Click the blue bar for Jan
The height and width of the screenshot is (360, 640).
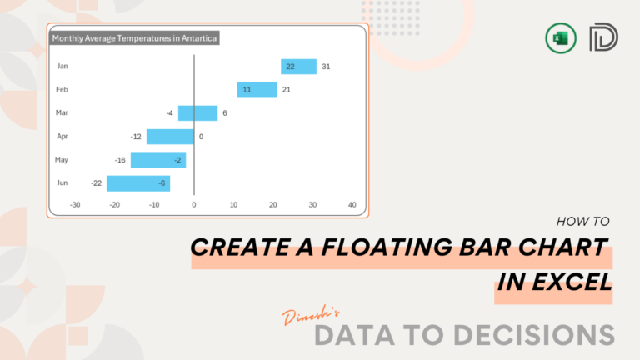(x=298, y=67)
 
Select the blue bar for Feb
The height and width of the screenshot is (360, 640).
(x=257, y=90)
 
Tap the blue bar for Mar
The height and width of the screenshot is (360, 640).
(x=197, y=113)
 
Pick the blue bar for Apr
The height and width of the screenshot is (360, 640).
(x=170, y=137)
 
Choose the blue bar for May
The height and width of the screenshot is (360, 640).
(x=158, y=160)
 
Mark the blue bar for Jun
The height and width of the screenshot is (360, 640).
(x=138, y=183)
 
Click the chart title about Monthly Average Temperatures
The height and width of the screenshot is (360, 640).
(x=135, y=38)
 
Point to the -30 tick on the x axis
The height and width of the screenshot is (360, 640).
(x=75, y=204)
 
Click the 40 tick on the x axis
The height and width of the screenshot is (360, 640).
(x=352, y=204)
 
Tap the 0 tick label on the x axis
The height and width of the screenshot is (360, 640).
(x=194, y=204)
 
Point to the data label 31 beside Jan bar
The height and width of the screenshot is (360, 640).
(x=326, y=67)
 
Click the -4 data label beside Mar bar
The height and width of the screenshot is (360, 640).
(x=169, y=113)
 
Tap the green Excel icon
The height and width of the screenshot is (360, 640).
(x=557, y=38)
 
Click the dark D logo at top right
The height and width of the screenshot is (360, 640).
(x=601, y=38)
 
